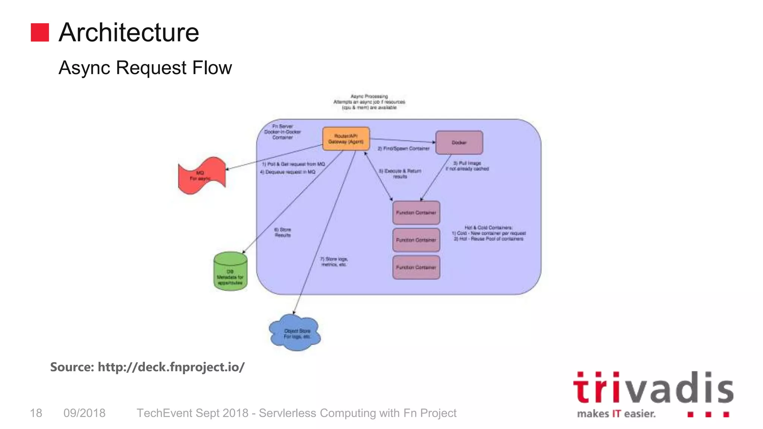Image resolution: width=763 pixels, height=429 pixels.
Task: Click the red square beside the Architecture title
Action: (x=40, y=32)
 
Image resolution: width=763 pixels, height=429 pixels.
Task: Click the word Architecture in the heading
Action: (x=129, y=32)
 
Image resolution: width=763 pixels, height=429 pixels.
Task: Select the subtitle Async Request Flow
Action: (x=145, y=68)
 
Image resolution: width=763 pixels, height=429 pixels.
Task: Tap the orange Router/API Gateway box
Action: (x=346, y=139)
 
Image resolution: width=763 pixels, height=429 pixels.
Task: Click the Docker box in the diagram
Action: (x=459, y=143)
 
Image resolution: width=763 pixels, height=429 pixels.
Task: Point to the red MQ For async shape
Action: (x=202, y=175)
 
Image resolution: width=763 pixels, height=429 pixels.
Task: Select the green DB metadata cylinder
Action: (x=230, y=271)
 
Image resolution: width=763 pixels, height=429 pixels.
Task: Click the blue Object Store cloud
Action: (x=295, y=333)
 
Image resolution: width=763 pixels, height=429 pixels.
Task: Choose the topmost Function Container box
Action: (x=416, y=213)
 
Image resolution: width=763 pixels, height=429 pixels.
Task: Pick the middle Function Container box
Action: (x=416, y=240)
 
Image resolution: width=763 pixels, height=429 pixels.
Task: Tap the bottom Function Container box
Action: (x=416, y=267)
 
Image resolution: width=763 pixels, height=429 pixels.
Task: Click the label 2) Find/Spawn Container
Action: (x=403, y=149)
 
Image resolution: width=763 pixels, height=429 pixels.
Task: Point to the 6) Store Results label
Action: (x=282, y=232)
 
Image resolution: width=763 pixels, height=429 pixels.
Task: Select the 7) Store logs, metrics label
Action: (x=334, y=261)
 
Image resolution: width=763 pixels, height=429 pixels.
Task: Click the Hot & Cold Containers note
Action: (x=488, y=233)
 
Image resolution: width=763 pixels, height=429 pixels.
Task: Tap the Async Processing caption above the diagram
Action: (x=369, y=102)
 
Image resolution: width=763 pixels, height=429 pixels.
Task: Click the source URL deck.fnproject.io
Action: (x=171, y=367)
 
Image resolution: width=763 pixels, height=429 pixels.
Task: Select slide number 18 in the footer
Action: (x=36, y=413)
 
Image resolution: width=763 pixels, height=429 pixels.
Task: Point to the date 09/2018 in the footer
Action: (x=85, y=413)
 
